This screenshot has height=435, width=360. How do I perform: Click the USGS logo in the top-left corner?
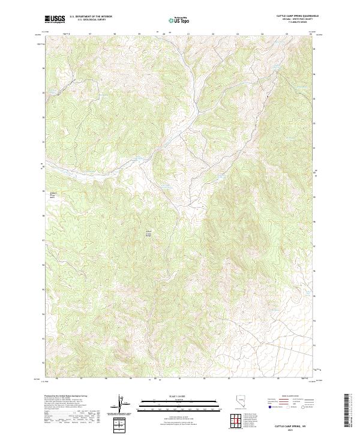55,19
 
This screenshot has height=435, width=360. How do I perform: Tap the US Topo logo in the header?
179,20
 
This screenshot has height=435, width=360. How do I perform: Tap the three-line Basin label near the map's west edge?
52,194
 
